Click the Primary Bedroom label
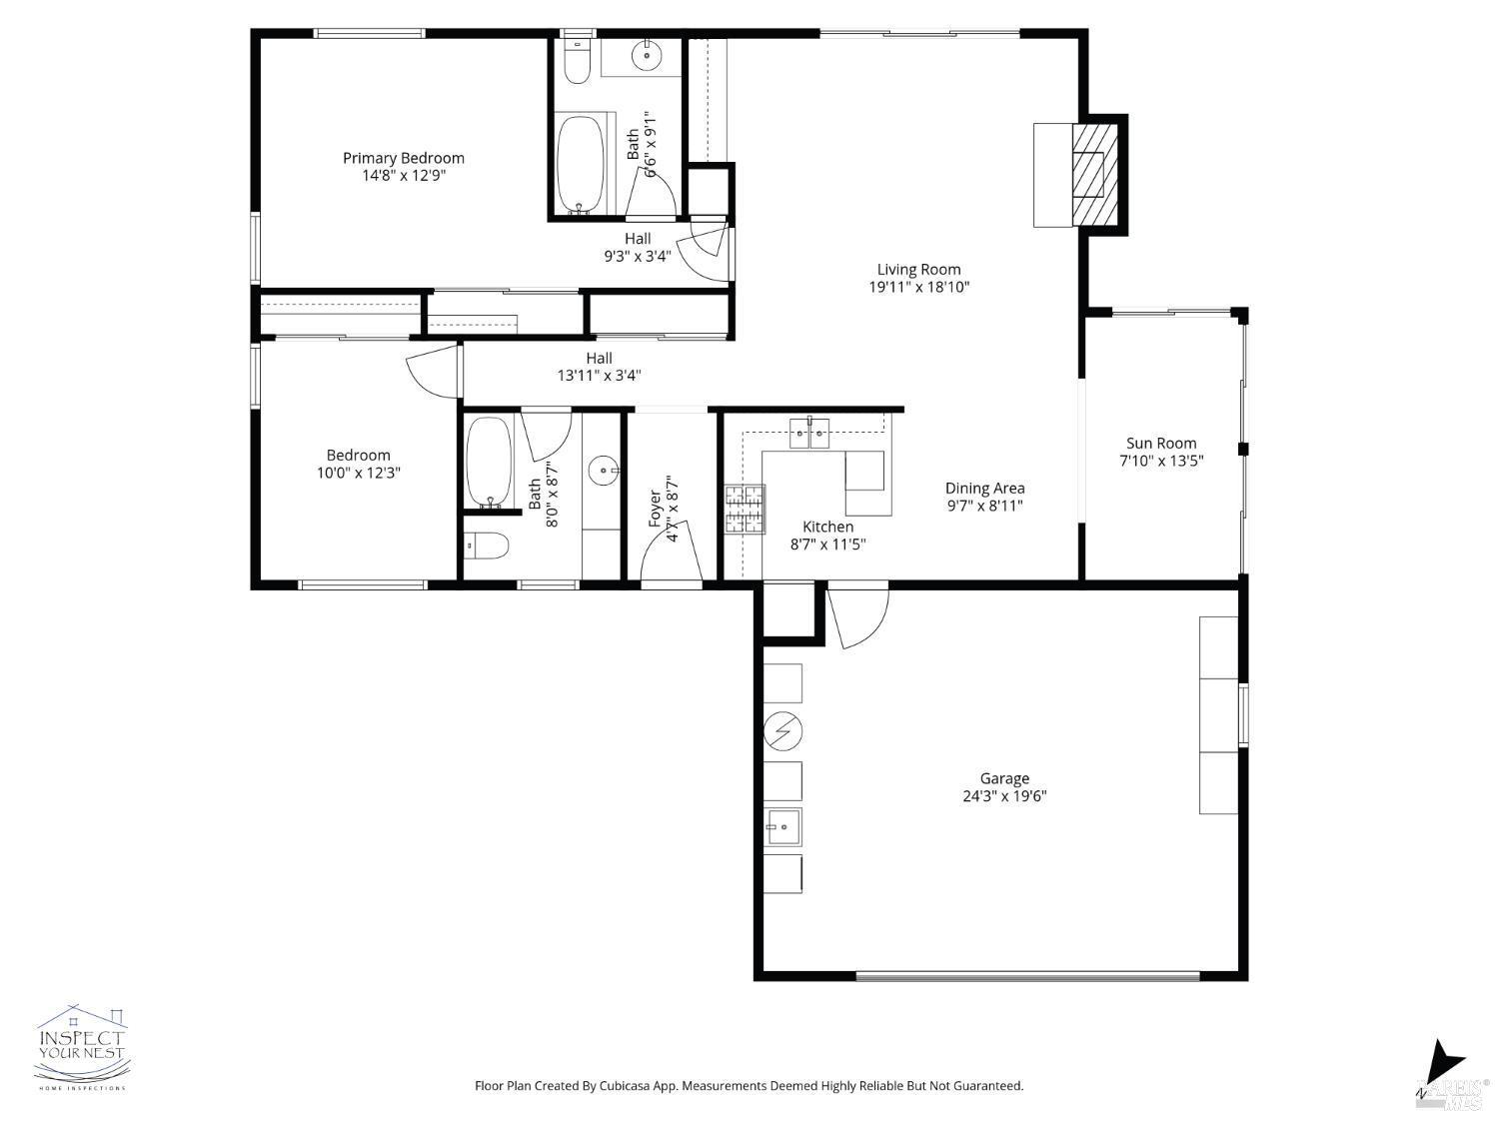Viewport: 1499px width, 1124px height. click(403, 158)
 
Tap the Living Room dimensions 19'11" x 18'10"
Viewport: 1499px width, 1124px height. click(918, 288)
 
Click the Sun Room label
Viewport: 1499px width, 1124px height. click(1160, 444)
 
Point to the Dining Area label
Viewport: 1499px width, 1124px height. click(984, 489)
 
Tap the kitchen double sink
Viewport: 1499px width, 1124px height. click(809, 433)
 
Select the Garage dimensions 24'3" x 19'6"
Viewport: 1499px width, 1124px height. click(1003, 797)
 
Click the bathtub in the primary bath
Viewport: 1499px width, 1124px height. click(580, 165)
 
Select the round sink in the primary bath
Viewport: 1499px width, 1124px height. click(649, 56)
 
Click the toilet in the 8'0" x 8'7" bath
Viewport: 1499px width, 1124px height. click(489, 547)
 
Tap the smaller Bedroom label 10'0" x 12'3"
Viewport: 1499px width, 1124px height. click(358, 464)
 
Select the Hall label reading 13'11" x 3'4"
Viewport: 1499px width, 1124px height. click(599, 367)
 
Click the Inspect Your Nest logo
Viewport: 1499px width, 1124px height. click(82, 1047)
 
